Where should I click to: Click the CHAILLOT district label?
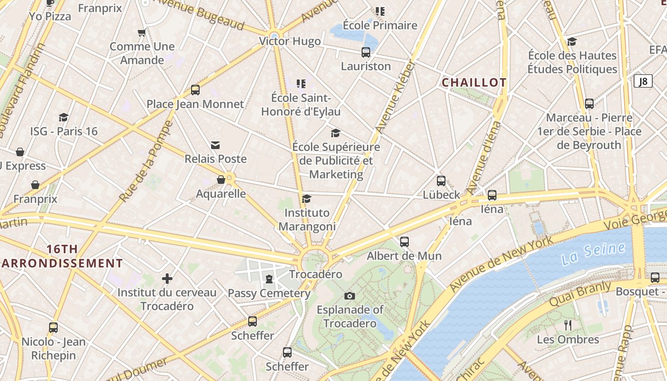[x=474, y=82]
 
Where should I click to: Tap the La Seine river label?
[x=593, y=254]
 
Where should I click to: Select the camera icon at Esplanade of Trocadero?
[x=349, y=296]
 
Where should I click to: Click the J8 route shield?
[x=643, y=81]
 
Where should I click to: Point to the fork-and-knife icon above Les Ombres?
[x=567, y=325]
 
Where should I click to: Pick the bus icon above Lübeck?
[x=441, y=181]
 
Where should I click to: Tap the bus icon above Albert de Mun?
[x=404, y=242]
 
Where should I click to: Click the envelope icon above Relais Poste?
[x=215, y=145]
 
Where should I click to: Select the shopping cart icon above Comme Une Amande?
[x=141, y=33]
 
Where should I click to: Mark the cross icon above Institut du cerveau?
[x=167, y=279]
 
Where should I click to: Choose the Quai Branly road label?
[x=580, y=294]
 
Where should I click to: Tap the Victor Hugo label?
[x=290, y=41]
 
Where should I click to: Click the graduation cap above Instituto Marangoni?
[x=307, y=199]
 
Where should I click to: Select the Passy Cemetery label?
[x=269, y=293]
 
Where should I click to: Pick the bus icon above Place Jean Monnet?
[x=195, y=90]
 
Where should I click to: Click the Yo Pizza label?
[x=50, y=16]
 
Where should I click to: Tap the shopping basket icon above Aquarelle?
[x=221, y=180]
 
